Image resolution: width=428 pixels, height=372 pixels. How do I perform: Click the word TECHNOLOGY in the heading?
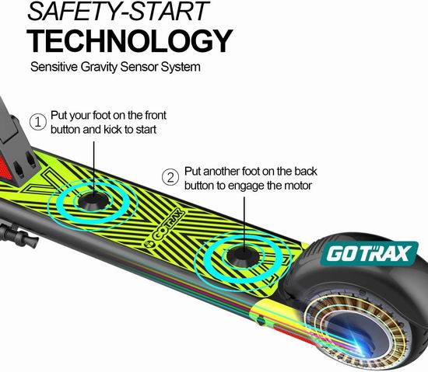[x=129, y=41]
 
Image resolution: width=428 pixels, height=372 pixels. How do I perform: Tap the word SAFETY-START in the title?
[x=118, y=11]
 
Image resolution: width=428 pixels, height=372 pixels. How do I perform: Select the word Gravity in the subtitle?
[x=99, y=67]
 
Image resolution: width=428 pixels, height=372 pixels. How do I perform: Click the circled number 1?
[x=38, y=122]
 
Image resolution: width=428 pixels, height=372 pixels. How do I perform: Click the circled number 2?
[x=170, y=177]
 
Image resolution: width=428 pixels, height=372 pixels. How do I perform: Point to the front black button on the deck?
[x=93, y=201]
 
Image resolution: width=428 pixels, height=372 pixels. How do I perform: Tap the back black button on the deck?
[x=243, y=256]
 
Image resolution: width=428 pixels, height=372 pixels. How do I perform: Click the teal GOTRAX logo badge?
[x=369, y=253]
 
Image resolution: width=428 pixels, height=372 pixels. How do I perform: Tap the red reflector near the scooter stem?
[x=5, y=169]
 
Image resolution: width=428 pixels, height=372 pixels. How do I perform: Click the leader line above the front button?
[x=94, y=169]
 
